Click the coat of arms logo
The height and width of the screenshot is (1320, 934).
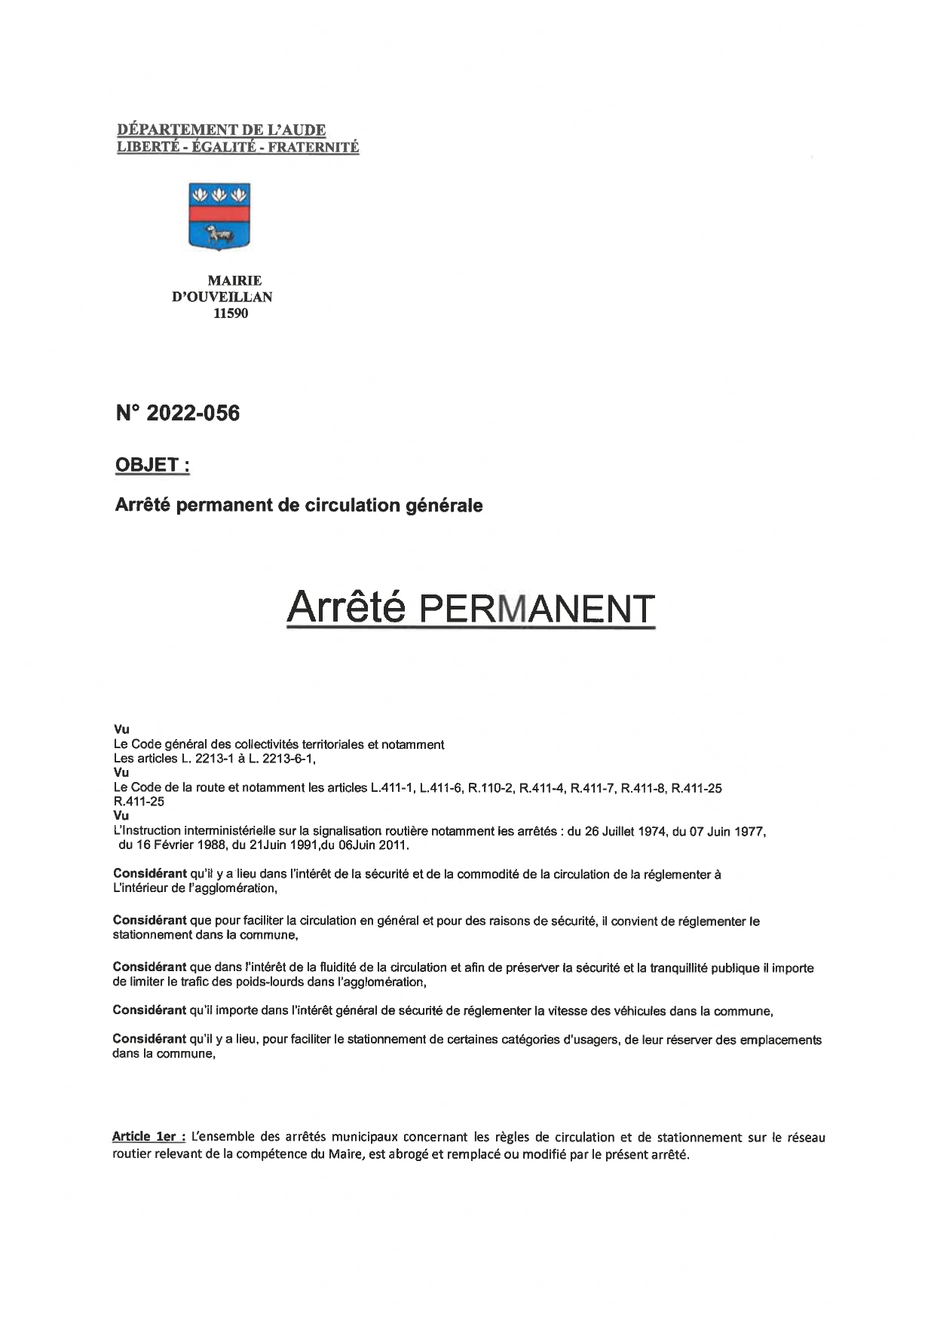[x=219, y=216]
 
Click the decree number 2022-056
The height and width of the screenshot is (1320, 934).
[x=178, y=413]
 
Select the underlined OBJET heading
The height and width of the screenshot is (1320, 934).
[x=152, y=465]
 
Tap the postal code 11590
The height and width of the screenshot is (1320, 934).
[x=230, y=313]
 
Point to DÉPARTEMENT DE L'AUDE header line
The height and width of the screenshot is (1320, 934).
[x=222, y=131]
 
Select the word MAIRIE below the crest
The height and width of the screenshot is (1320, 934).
[x=234, y=280]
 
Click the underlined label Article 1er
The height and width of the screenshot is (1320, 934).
[x=148, y=1137]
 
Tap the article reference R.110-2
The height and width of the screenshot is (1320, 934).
[x=490, y=788]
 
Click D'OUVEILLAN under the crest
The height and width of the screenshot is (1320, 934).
[x=222, y=297]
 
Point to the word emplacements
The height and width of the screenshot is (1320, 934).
[x=780, y=1040]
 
